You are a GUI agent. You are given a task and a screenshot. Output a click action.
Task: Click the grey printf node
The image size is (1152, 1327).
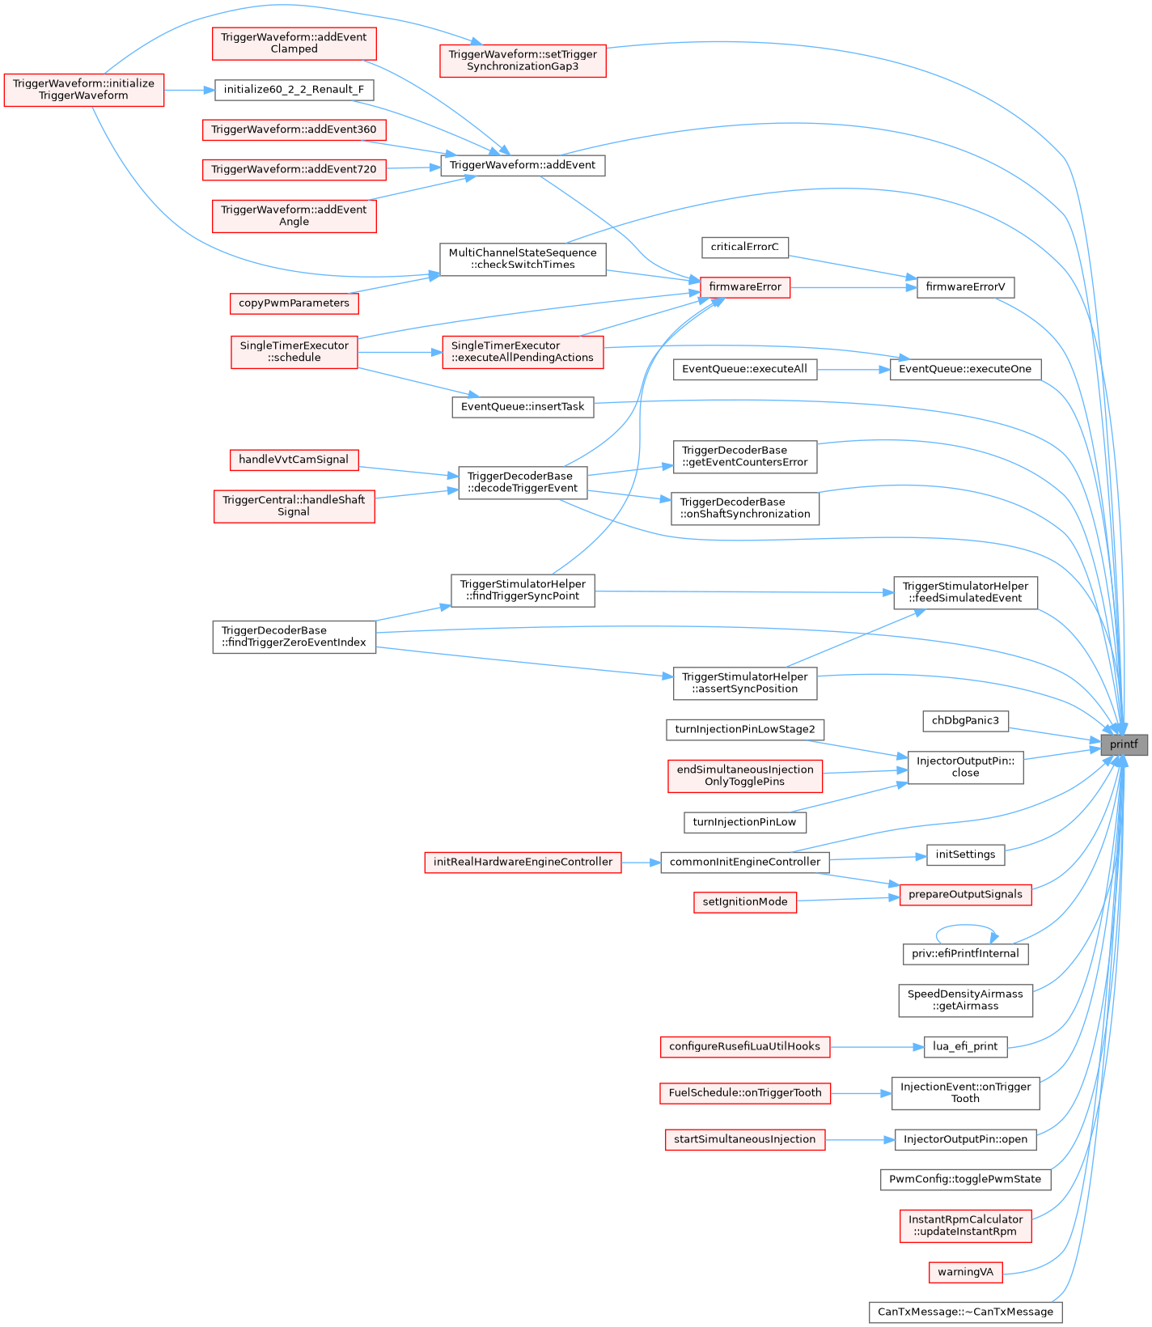1124,744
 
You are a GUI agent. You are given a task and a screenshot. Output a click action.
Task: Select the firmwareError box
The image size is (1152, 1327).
745,287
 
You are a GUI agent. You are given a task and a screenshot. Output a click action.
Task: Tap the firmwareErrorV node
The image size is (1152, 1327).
965,287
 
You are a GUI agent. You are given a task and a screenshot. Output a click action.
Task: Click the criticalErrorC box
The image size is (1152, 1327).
744,247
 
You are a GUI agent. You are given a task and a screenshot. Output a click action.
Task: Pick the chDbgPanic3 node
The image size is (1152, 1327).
965,721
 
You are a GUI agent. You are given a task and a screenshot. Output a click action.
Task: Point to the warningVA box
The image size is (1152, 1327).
965,1272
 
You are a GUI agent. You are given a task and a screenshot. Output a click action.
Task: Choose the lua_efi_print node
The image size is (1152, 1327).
965,1046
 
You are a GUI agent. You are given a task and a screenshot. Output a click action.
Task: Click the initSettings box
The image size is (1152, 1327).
965,854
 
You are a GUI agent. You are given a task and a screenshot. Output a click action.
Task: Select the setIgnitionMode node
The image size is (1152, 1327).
745,902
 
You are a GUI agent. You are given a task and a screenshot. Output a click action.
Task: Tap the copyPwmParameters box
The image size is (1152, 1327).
294,303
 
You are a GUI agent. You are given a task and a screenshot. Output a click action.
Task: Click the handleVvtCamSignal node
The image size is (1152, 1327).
294,460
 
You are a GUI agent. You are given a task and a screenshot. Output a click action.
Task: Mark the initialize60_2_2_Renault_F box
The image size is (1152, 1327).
294,90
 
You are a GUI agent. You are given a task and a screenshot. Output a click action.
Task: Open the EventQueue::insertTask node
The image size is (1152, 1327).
523,407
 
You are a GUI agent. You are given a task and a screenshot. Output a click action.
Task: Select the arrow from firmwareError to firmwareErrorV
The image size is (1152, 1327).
853,287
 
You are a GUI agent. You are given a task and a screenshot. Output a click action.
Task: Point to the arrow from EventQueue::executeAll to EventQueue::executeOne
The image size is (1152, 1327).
853,370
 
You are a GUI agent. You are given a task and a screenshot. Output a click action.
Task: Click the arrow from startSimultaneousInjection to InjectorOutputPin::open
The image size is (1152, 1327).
860,1140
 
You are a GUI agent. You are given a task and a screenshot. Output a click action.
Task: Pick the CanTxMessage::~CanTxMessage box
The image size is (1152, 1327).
965,1312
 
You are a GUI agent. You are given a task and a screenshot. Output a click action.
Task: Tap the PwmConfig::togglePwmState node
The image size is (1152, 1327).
965,1179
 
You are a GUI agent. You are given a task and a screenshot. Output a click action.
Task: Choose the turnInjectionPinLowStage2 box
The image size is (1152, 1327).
745,730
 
